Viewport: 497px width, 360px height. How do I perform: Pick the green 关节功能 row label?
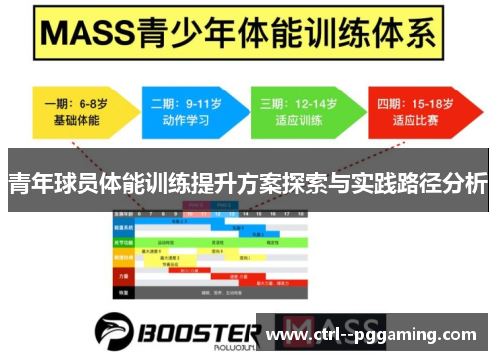124,242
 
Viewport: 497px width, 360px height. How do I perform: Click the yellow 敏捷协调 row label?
124,259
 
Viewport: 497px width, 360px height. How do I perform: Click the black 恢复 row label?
124,292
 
